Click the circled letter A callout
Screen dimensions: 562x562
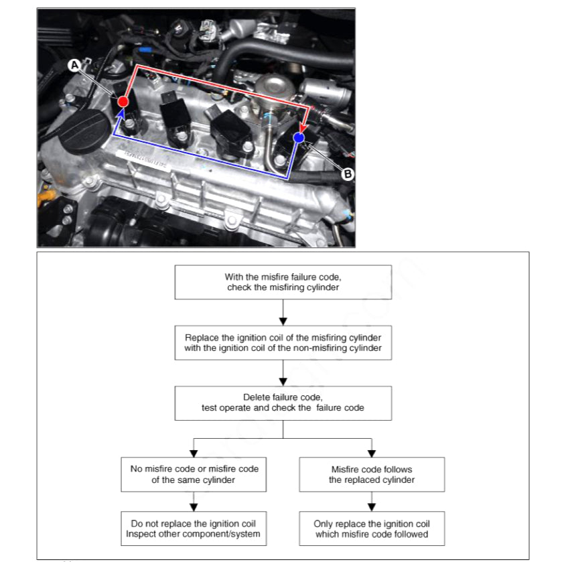[x=74, y=64]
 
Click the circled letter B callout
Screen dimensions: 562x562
[x=348, y=173]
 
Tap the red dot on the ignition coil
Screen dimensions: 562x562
[x=123, y=101]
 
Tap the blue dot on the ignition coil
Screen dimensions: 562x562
[x=299, y=137]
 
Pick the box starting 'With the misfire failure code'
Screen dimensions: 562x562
[x=283, y=282]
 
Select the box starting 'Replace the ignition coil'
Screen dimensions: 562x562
[x=283, y=342]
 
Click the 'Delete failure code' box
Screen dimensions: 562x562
[x=283, y=402]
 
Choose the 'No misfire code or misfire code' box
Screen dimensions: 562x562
[x=194, y=474]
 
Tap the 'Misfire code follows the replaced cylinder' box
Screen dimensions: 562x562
[x=372, y=474]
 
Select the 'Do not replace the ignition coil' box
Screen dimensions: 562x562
[x=194, y=529]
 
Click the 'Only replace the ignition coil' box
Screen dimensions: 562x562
[x=372, y=529]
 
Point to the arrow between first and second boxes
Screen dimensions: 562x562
[x=283, y=312]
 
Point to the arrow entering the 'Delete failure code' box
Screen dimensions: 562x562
[x=283, y=372]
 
